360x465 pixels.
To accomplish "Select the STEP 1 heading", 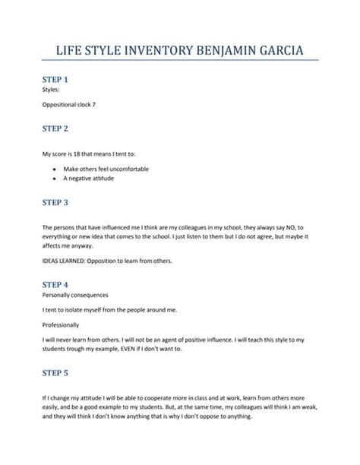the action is coord(55,79).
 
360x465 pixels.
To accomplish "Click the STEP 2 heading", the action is coord(55,129).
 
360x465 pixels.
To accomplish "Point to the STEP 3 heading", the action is coord(55,203).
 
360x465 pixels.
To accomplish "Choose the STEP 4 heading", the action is coord(55,283).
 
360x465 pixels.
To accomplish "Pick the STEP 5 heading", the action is coord(55,373).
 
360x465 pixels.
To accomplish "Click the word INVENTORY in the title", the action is coord(145,52).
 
